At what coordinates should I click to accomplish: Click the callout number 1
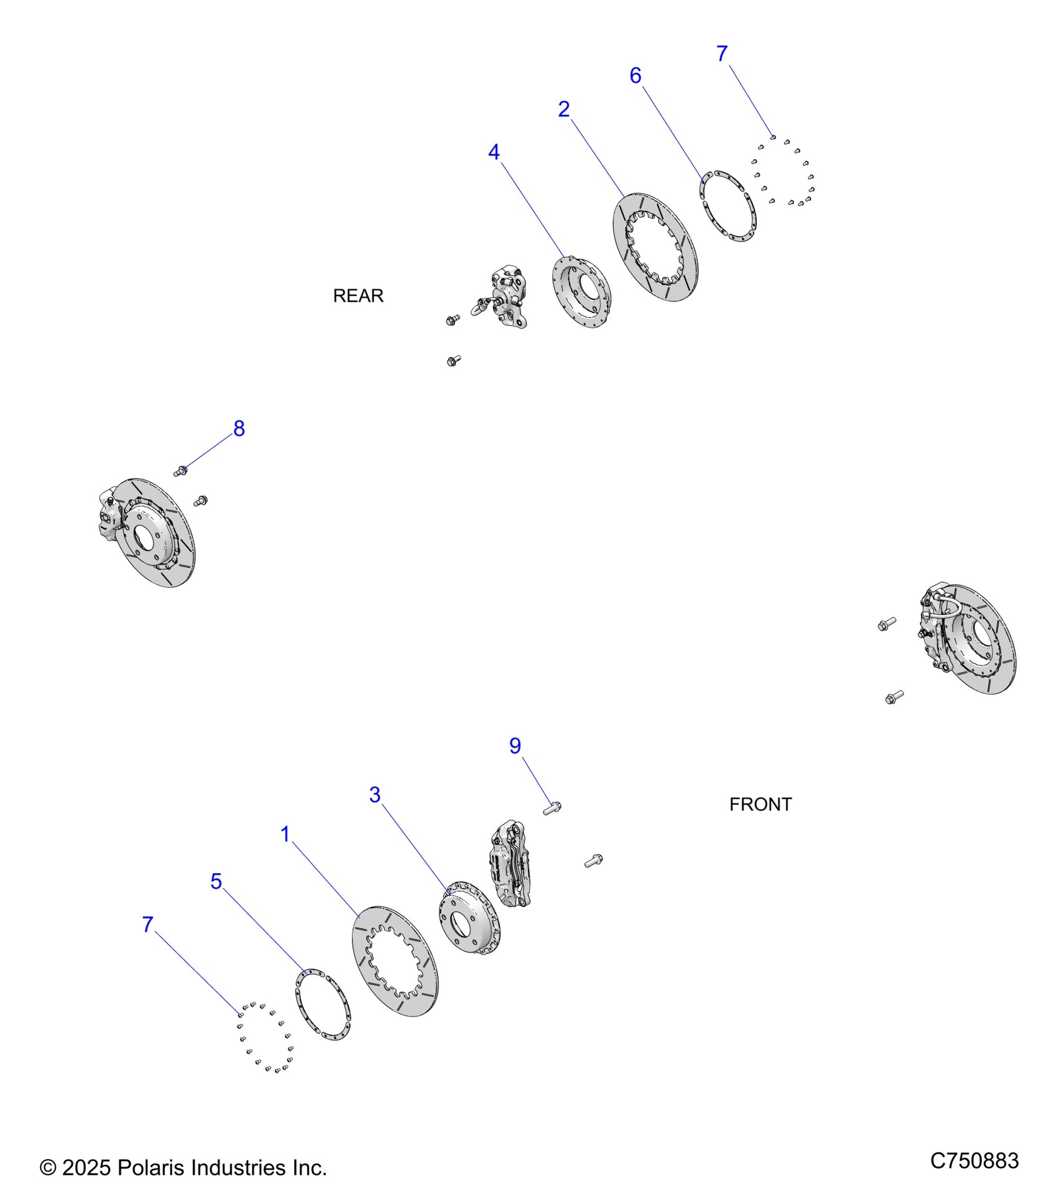[285, 835]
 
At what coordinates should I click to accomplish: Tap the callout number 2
[564, 109]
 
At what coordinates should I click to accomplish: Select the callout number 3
[375, 795]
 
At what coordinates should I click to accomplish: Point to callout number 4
[494, 152]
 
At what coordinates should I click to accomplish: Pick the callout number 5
[216, 881]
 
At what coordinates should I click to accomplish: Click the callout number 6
[635, 76]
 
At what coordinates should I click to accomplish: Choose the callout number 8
[239, 428]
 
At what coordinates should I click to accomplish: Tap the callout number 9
[515, 746]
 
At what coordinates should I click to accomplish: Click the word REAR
[358, 296]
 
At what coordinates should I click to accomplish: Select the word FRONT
[760, 805]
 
